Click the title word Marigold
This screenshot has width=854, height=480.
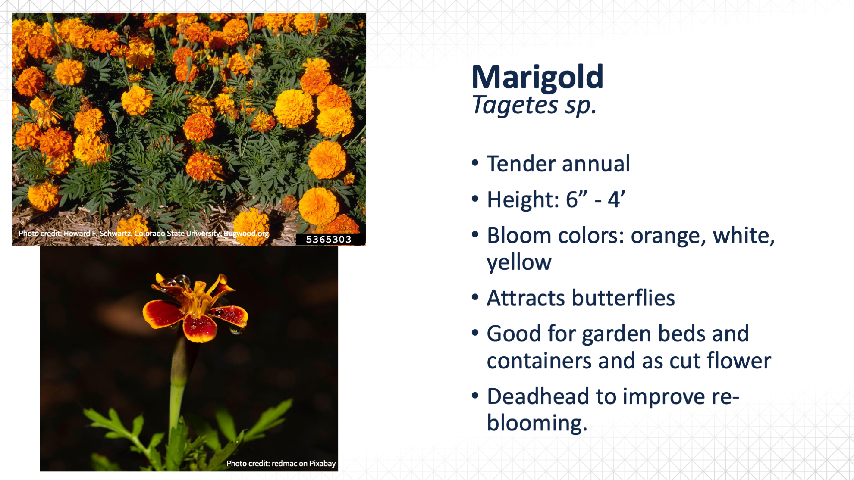click(537, 78)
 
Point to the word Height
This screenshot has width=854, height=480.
click(523, 199)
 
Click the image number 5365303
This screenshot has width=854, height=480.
click(329, 240)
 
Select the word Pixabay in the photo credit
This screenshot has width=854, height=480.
click(322, 464)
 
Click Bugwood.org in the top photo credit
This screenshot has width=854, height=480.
click(246, 234)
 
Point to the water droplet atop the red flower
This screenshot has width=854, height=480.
click(182, 280)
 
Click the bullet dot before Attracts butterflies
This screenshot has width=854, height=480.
click(475, 297)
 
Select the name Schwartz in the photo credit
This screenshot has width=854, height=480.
click(115, 234)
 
